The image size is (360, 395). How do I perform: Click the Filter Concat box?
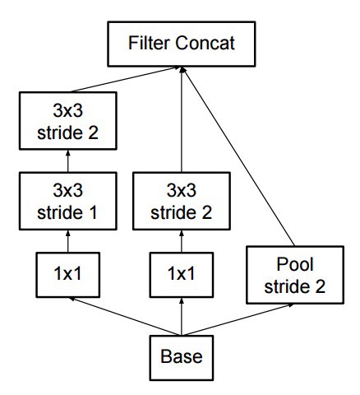click(182, 44)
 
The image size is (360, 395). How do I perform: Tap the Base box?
click(182, 358)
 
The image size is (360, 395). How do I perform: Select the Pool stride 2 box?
click(295, 275)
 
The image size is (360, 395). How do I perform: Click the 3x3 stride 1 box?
click(68, 201)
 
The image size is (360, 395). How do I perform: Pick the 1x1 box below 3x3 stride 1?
click(68, 275)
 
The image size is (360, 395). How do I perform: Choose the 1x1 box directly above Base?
click(182, 275)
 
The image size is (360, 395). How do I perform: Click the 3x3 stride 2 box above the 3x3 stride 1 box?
click(68, 121)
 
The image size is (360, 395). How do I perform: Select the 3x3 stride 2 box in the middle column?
click(182, 201)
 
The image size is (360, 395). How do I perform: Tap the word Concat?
click(205, 43)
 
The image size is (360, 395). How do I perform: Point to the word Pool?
click(295, 264)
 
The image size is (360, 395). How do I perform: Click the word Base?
click(182, 356)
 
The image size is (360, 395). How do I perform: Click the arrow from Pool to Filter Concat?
click(237, 156)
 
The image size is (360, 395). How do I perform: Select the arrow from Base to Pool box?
click(238, 319)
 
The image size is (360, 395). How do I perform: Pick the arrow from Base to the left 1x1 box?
click(125, 316)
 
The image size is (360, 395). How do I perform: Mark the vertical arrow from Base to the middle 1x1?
click(182, 317)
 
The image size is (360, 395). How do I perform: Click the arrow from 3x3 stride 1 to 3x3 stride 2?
click(68, 161)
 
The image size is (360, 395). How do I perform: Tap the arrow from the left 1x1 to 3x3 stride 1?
click(68, 241)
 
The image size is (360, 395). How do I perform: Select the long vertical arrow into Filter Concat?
click(182, 119)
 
